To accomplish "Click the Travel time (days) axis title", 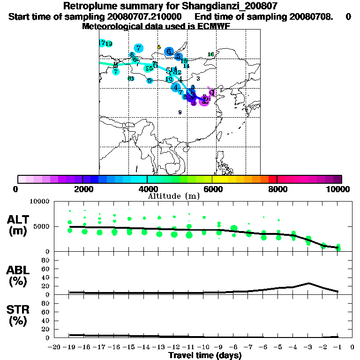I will click(x=205, y=356).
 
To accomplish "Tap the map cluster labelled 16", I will click(x=211, y=54).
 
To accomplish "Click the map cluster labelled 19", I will click(x=109, y=44).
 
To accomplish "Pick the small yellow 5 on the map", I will click(x=159, y=47).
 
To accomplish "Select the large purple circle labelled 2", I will click(x=204, y=100).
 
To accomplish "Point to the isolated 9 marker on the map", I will click(x=180, y=112).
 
